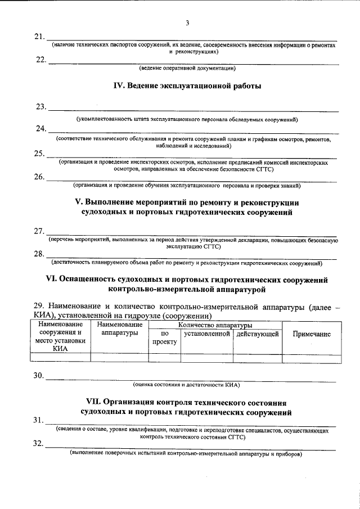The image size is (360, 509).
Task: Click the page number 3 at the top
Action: click(x=187, y=22)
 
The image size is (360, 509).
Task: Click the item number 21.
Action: click(x=39, y=37)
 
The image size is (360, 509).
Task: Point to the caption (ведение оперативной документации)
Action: click(x=187, y=68)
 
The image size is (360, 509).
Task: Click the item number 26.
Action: click(x=39, y=177)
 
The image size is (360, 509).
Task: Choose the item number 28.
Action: click(x=39, y=254)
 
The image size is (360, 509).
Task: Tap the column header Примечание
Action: click(x=312, y=334)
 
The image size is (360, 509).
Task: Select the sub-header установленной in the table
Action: click(x=206, y=334)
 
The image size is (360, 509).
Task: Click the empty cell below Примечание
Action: click(x=312, y=357)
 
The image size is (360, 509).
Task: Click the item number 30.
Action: click(x=39, y=376)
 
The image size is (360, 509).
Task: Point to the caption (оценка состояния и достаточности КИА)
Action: click(x=186, y=385)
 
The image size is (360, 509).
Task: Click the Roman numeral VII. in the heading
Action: click(x=93, y=403)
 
